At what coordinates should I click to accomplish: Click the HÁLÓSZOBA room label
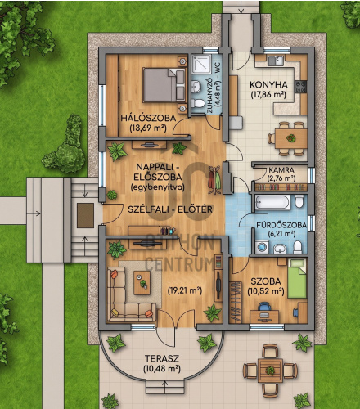point(148,118)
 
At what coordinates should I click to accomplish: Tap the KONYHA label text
point(268,85)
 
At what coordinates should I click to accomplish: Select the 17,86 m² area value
point(268,95)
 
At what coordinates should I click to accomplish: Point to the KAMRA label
point(281,170)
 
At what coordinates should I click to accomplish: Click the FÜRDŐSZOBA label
point(281,225)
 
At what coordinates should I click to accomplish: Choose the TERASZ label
point(162,358)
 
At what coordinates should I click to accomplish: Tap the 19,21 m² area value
point(185,290)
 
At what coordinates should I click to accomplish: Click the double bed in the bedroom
point(164,85)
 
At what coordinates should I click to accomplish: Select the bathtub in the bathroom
point(272,202)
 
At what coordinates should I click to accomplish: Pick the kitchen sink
point(276,61)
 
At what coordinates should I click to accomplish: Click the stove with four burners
point(300,87)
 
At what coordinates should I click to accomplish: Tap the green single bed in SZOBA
point(297,278)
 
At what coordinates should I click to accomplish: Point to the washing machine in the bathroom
point(262,247)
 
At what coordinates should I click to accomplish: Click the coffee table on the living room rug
point(142,283)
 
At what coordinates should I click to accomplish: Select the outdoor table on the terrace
point(270,371)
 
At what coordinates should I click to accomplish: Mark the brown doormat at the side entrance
point(85,215)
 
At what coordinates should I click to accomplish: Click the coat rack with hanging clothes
point(214,180)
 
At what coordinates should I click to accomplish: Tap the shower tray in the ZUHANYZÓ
point(201,64)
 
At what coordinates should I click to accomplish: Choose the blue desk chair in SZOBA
point(263,307)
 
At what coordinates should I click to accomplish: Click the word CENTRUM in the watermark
point(179,263)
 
